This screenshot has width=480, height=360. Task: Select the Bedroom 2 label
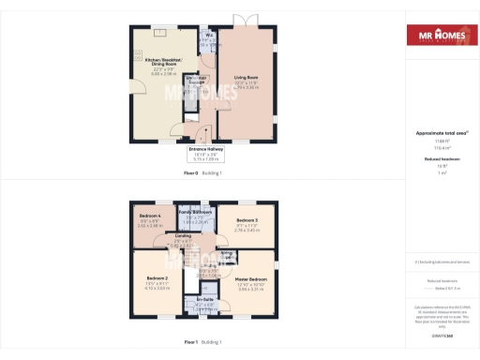157,281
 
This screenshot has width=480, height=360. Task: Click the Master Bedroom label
252,281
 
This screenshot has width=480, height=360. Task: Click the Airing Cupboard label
226,255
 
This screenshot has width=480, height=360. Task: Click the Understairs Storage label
196,81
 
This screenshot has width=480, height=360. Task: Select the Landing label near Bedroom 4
183,237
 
